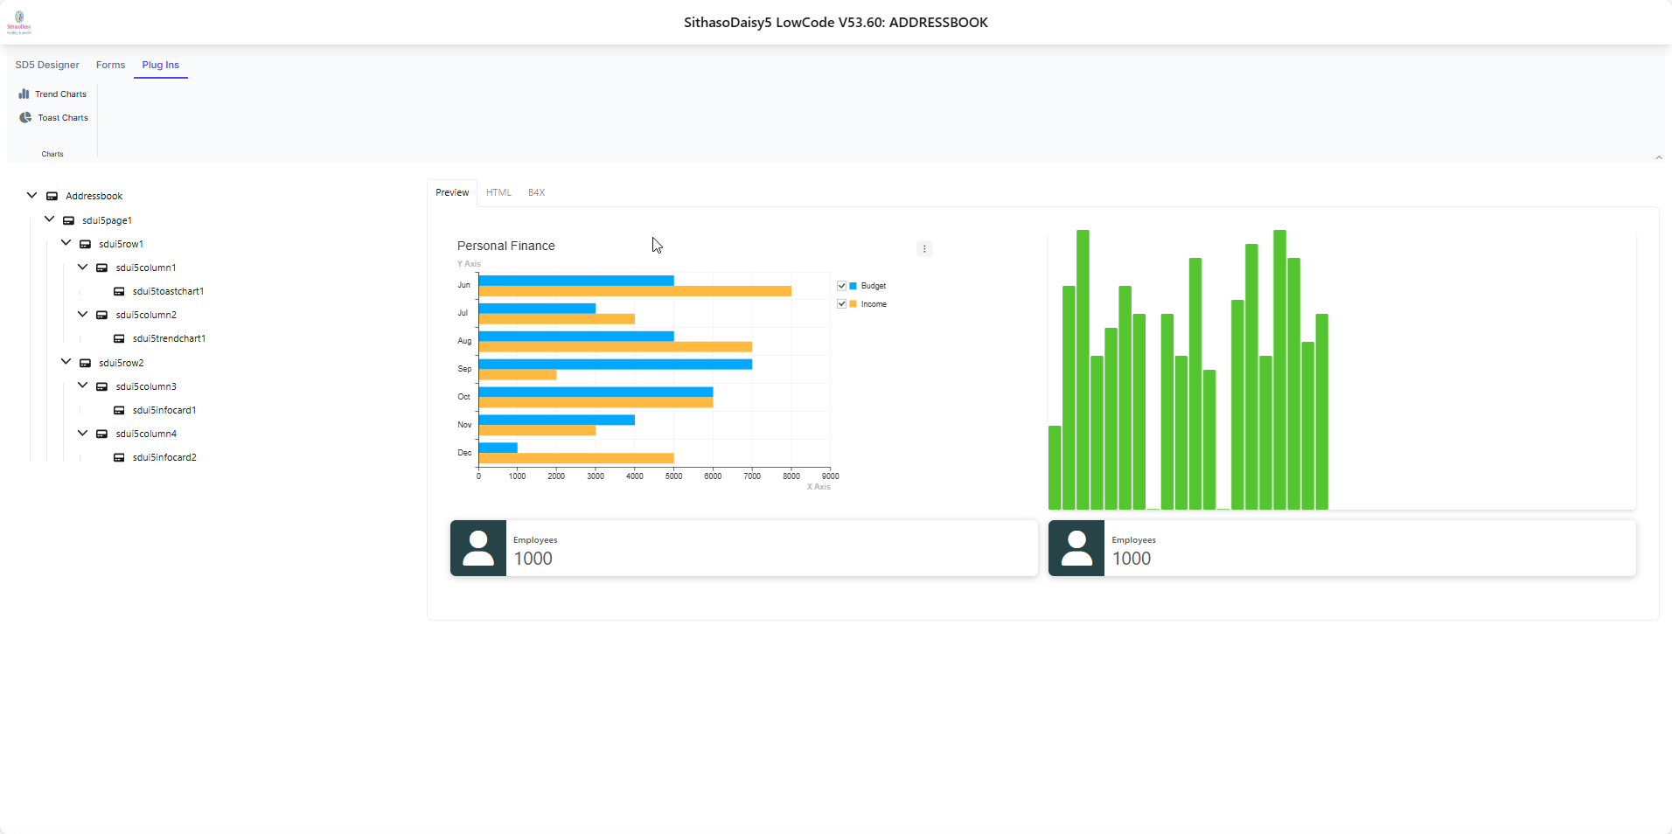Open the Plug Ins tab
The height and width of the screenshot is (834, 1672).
[160, 65]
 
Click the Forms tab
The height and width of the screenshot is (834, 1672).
[110, 65]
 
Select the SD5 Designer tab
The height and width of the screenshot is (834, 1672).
[47, 65]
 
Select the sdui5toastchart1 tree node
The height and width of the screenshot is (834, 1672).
[168, 291]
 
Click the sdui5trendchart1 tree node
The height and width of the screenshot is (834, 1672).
[169, 338]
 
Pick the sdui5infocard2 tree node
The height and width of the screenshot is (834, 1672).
[164, 457]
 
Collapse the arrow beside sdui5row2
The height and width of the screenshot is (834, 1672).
[66, 362]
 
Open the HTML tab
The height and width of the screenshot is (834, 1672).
[498, 192]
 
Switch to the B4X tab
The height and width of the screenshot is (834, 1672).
[536, 192]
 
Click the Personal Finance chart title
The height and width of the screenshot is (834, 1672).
[505, 246]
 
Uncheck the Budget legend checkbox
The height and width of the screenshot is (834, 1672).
[842, 286]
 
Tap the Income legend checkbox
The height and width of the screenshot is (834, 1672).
[842, 304]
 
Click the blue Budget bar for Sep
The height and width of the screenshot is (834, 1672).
[615, 364]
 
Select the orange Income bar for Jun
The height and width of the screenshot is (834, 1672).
[634, 291]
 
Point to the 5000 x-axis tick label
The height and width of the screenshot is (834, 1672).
[673, 476]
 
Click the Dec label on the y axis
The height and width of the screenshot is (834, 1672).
[464, 453]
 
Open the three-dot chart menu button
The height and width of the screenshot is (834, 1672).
[924, 249]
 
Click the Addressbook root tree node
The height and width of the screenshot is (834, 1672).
[94, 196]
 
